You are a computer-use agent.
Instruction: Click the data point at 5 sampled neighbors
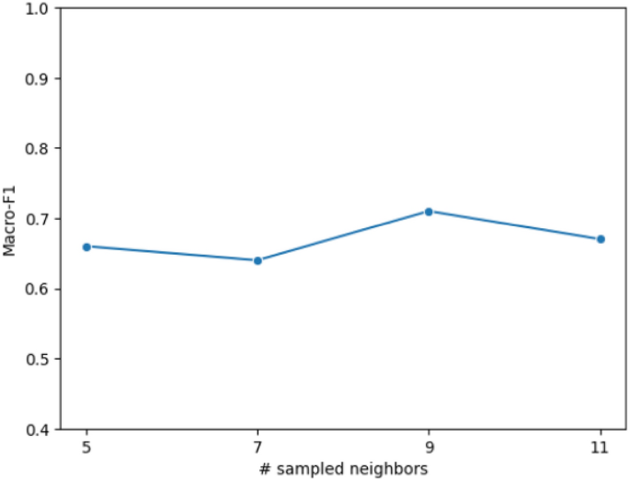pyautogui.click(x=86, y=246)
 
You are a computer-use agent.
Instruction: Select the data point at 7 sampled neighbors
pyautogui.click(x=258, y=260)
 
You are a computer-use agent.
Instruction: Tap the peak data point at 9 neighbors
pyautogui.click(x=429, y=212)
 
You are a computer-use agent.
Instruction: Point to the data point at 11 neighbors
pyautogui.click(x=601, y=239)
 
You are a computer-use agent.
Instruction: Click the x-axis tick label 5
pyautogui.click(x=86, y=446)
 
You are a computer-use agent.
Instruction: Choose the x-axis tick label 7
pyautogui.click(x=258, y=446)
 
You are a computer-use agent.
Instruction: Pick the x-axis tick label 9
pyautogui.click(x=429, y=446)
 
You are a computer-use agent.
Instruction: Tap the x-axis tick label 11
pyautogui.click(x=601, y=446)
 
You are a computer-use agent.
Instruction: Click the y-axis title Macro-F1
pyautogui.click(x=10, y=219)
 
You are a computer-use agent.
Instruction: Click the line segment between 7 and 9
pyautogui.click(x=343, y=236)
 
